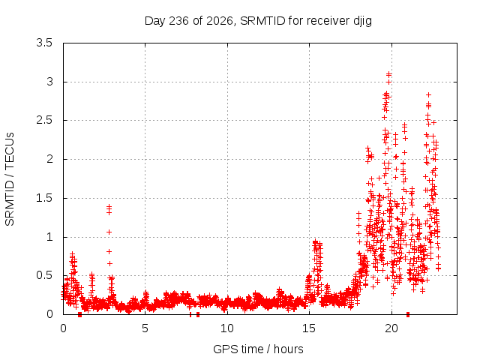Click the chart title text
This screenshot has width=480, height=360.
258,22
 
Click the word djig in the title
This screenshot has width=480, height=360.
363,22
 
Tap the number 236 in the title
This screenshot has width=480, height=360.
178,21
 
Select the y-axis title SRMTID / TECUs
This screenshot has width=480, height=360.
10,179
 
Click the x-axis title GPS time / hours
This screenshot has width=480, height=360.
258,349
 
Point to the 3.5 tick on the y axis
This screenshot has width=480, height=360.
44,43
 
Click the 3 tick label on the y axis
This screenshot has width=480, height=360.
49,82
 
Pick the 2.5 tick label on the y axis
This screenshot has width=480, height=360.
44,120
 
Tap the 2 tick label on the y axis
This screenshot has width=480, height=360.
49,159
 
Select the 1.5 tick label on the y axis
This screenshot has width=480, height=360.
44,198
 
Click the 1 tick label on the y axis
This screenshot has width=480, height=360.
49,237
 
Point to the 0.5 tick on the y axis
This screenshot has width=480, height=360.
44,275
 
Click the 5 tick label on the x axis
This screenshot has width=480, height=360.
145,328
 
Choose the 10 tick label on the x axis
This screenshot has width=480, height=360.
227,328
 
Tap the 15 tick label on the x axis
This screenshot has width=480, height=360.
309,328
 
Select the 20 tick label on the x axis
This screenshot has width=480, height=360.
391,328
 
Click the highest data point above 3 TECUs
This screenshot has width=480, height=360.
388,74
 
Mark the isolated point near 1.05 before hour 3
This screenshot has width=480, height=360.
109,232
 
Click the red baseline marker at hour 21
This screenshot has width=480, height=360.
408,314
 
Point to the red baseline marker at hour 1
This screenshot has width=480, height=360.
80,314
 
